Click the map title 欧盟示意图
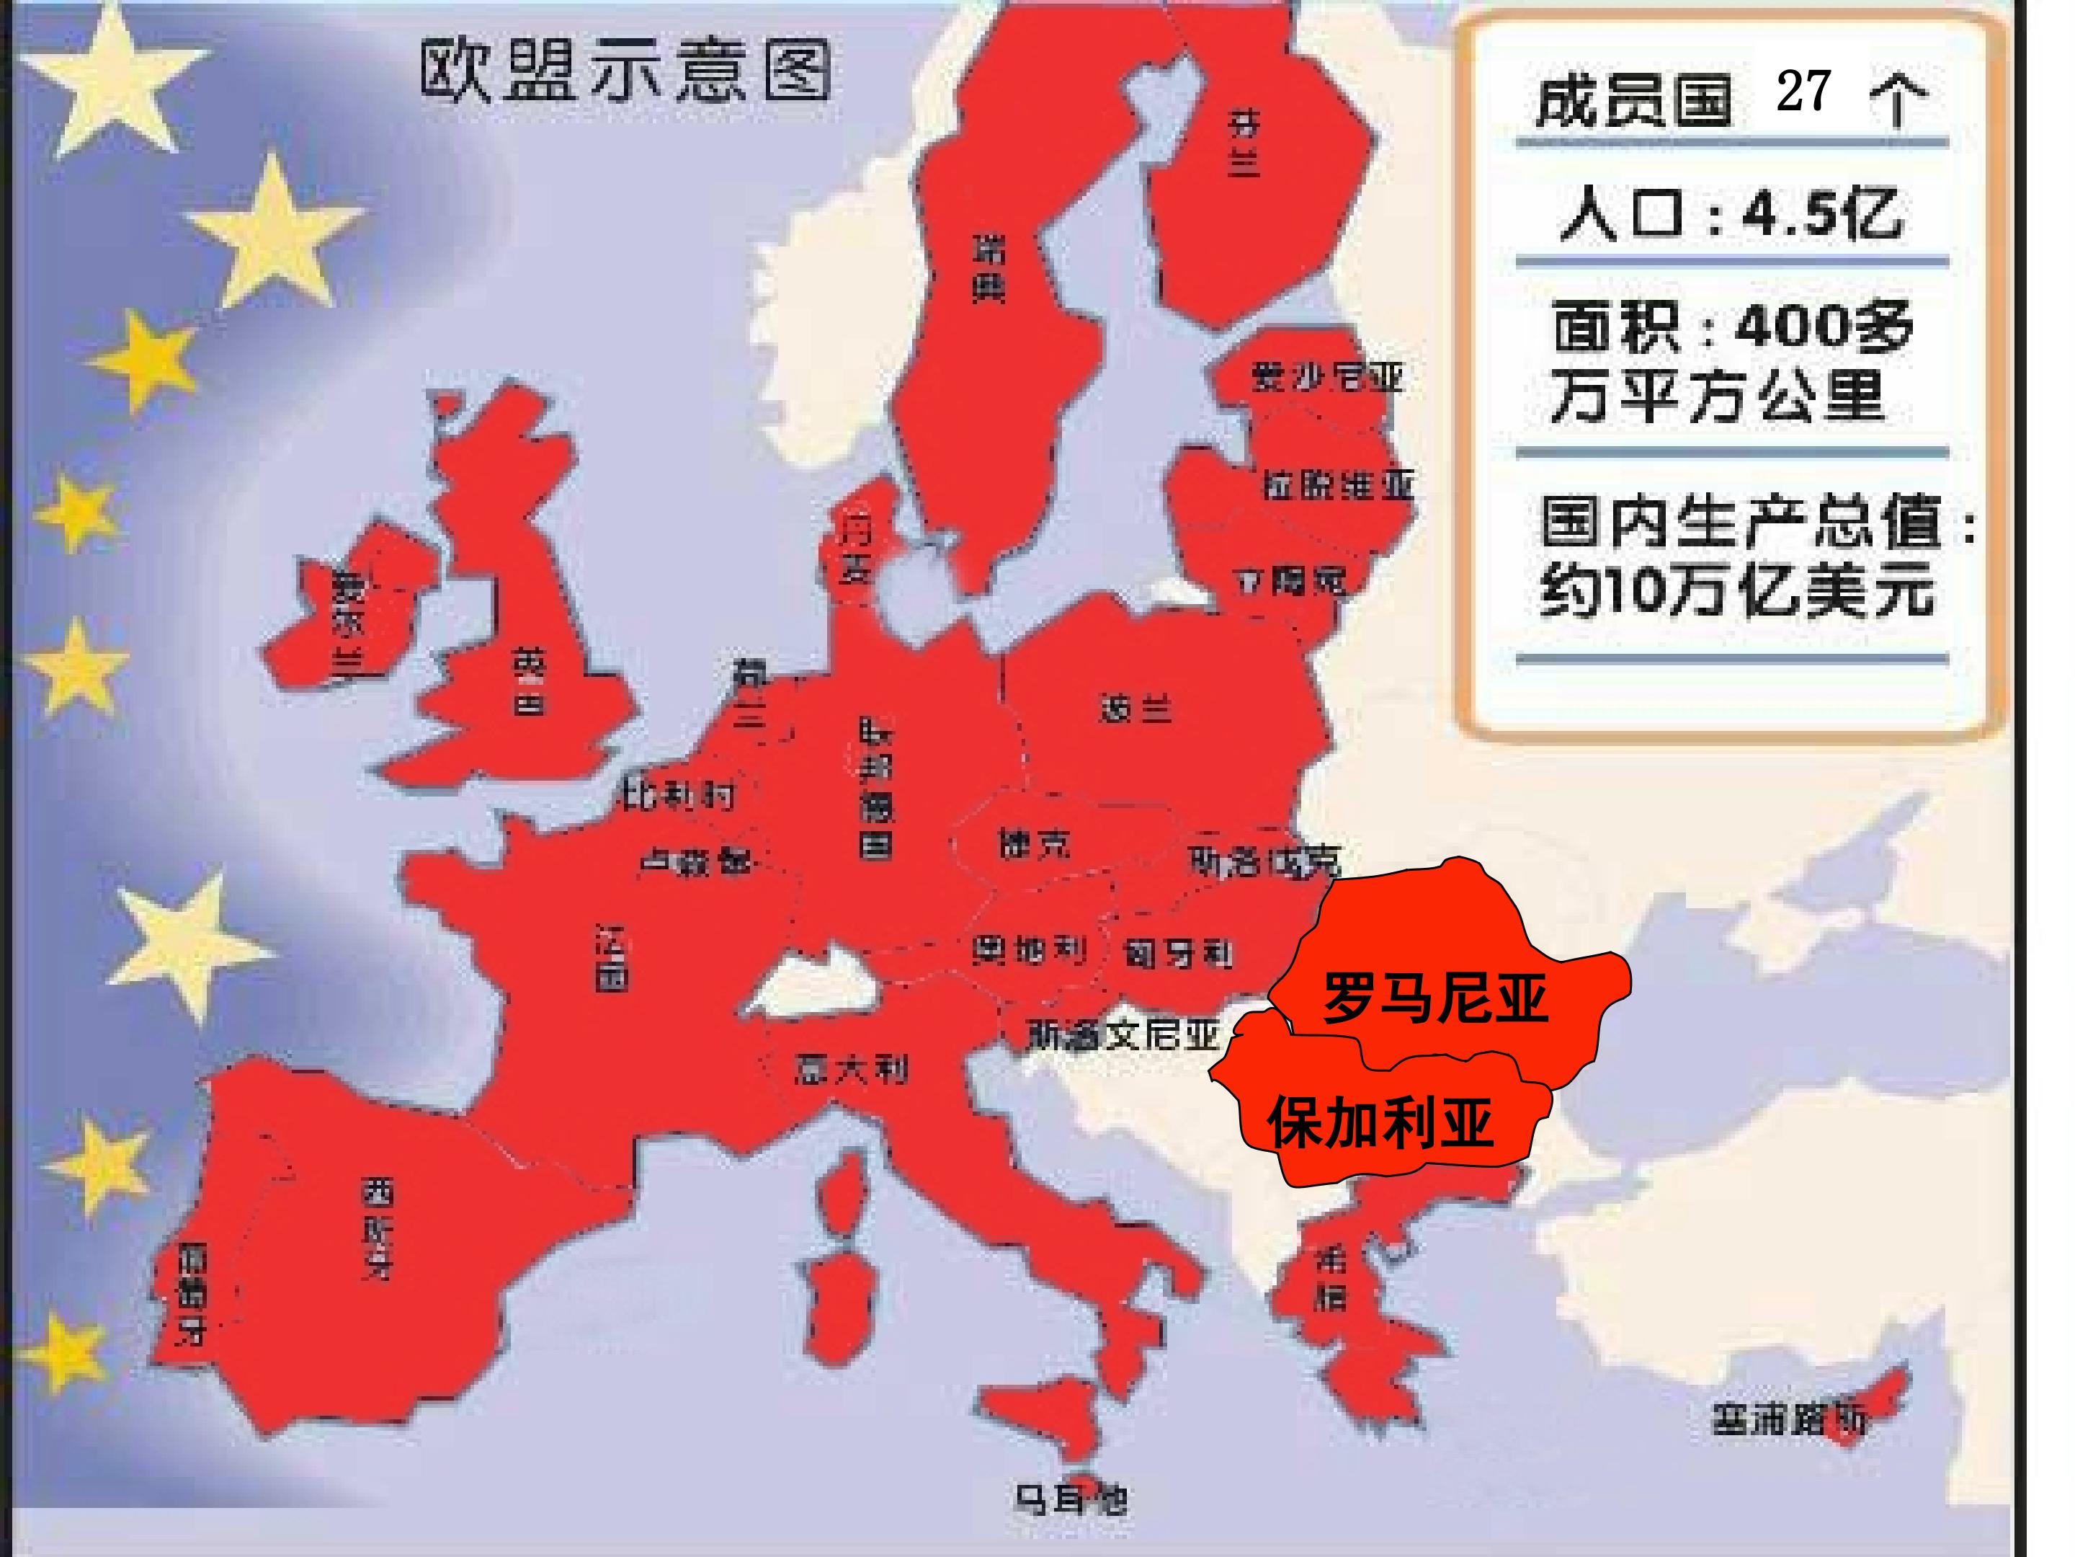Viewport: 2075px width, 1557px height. click(x=625, y=71)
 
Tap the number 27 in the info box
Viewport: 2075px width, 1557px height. click(x=1803, y=92)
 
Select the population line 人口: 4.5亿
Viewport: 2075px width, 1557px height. click(x=1731, y=215)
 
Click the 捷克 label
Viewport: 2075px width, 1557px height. click(x=1035, y=846)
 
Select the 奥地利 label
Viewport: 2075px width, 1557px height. click(x=1029, y=951)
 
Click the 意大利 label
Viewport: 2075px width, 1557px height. click(x=851, y=1069)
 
